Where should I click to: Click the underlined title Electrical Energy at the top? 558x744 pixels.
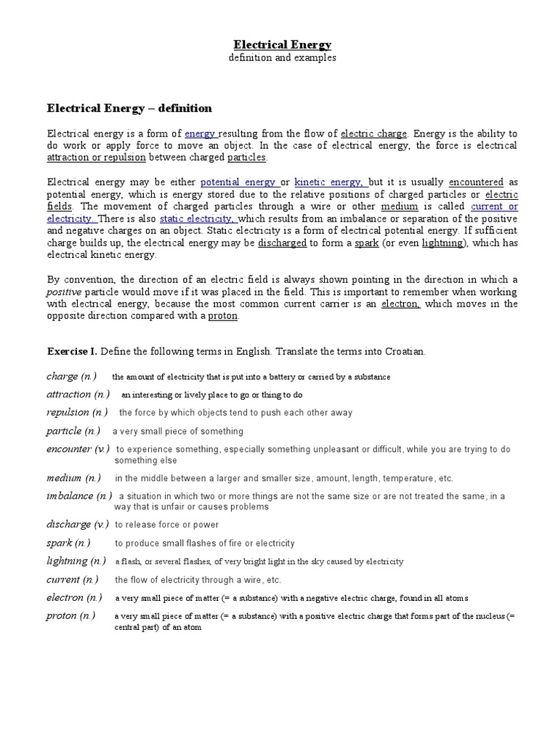282,44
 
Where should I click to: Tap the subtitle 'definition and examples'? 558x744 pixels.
282,58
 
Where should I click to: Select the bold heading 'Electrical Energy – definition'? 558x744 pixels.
129,108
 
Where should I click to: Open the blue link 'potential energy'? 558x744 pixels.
238,182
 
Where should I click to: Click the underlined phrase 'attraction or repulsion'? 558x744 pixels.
96,158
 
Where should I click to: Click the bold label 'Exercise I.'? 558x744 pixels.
72,352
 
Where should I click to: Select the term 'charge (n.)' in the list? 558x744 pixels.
71,376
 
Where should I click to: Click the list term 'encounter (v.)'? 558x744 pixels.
78,449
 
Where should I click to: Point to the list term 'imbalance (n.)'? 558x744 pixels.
79,496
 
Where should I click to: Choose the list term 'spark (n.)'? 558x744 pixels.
68,543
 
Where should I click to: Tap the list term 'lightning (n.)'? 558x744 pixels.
76,561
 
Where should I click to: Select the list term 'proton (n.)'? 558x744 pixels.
70,615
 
